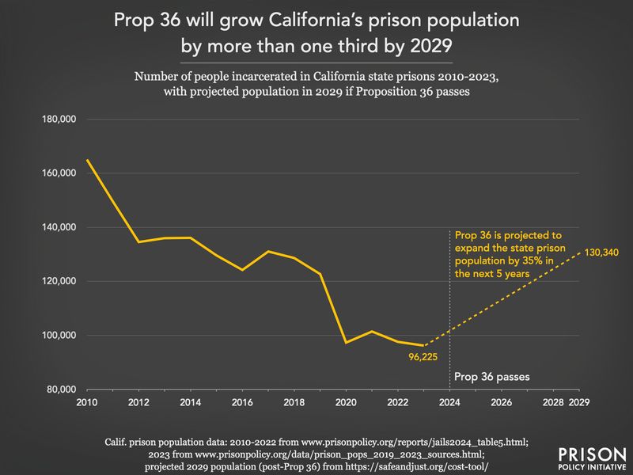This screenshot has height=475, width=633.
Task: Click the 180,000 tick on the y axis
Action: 59,120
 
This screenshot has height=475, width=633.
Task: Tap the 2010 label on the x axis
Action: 87,402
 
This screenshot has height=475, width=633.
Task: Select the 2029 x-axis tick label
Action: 579,402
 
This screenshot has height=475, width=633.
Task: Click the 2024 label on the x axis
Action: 449,402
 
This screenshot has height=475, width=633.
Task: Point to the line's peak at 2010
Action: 87,160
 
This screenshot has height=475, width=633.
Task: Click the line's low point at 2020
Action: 346,342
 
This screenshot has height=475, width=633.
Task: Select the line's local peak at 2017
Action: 268,252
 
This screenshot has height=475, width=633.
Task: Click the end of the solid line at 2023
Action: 423,345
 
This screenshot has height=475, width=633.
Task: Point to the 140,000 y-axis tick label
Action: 59,227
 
